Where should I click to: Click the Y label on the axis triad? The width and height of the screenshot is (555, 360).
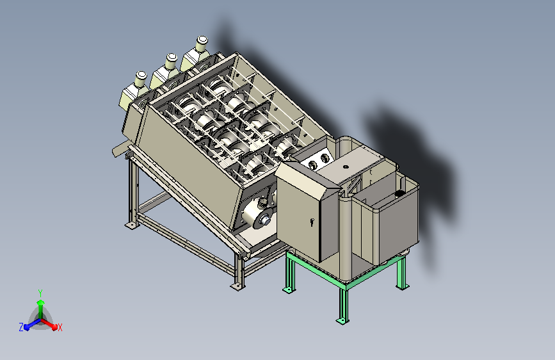40,293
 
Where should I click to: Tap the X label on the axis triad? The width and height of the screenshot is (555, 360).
60,327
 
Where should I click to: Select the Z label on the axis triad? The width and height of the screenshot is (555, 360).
21,327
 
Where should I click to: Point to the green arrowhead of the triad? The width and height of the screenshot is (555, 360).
41,303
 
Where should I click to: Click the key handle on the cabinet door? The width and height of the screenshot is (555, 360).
312,222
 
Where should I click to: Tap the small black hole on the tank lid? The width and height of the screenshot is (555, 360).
346,167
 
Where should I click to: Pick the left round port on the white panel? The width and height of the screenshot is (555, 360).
313,165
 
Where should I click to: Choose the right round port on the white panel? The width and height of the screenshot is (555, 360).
325,158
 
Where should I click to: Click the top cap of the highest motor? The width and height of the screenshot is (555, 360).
202,39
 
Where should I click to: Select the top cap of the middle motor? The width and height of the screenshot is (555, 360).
172,58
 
